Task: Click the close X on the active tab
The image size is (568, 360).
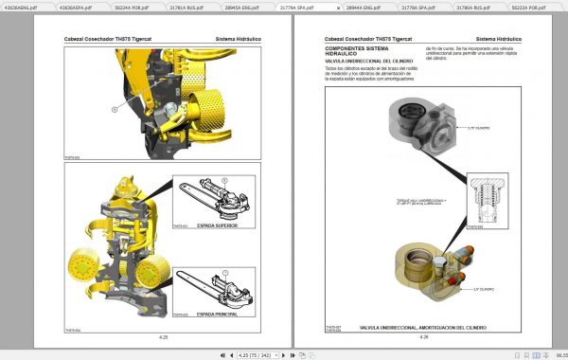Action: (x=338, y=7)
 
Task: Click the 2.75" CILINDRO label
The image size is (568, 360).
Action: (x=480, y=126)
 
